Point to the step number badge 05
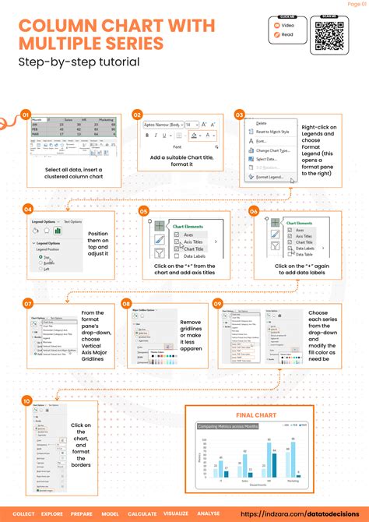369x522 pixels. (143, 210)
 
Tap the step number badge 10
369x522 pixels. (26, 400)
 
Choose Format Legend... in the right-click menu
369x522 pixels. (271, 177)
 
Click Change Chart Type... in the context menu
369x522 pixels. (274, 150)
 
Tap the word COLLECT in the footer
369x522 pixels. (24, 514)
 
